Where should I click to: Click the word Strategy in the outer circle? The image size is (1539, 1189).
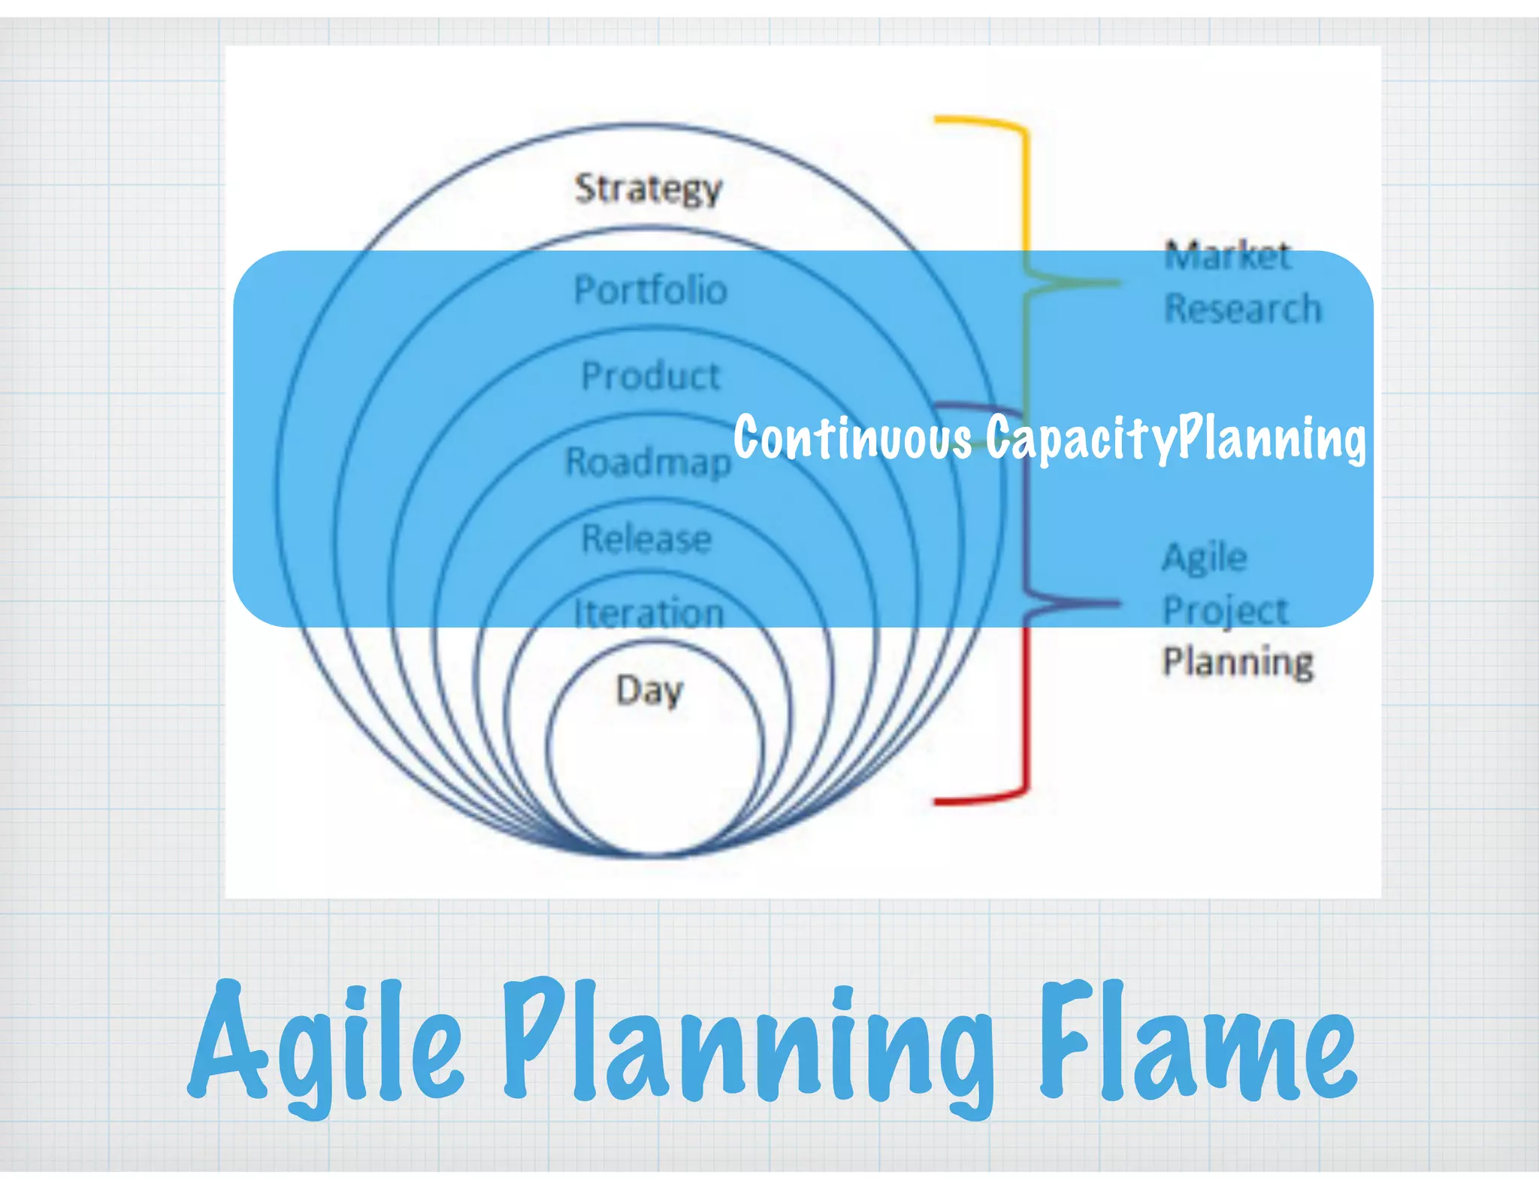[648, 189]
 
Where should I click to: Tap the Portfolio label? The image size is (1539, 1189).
[651, 290]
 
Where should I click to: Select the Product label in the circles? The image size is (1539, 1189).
[651, 376]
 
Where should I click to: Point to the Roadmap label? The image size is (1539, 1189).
[648, 462]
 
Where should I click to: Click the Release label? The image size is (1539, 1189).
[647, 539]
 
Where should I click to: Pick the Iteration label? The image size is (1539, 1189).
[649, 613]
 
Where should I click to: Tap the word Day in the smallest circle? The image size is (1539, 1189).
[649, 690]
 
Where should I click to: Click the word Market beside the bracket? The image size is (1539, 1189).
[1227, 256]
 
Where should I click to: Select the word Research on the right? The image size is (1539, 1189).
[1242, 309]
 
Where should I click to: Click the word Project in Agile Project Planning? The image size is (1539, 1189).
[1226, 610]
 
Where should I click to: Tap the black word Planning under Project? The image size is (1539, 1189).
[1238, 662]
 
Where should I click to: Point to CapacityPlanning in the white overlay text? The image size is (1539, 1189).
[1175, 438]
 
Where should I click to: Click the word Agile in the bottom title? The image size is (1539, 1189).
[327, 1045]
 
